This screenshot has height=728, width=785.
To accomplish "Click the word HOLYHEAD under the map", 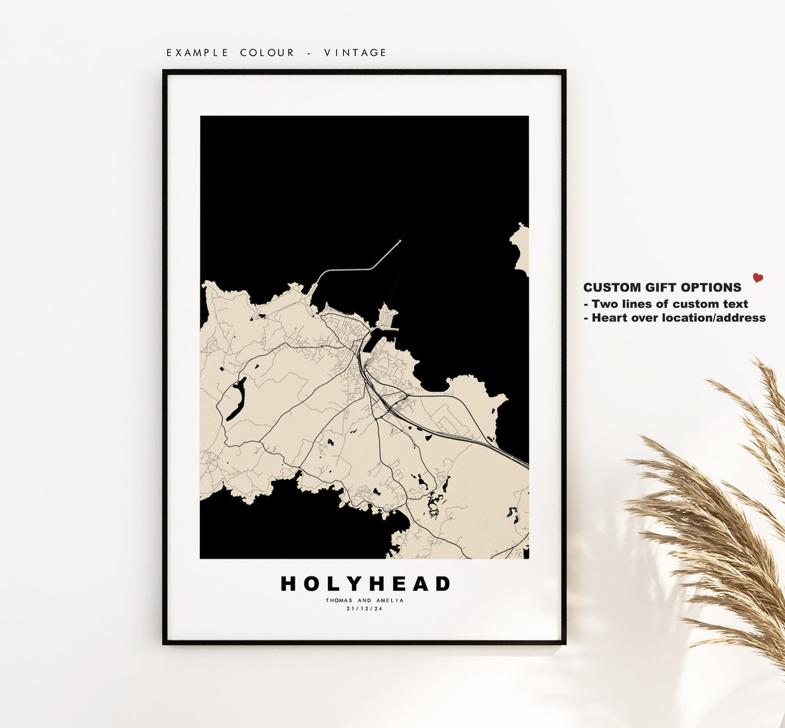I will coord(365,584).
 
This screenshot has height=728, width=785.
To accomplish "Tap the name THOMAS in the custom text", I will coord(339,600).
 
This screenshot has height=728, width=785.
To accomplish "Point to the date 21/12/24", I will coord(365,609).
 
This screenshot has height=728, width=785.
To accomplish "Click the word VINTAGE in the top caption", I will coord(355,53).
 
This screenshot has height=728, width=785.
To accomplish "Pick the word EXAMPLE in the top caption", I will coord(197,53).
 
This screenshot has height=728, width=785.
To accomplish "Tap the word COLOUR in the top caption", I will coord(267,53).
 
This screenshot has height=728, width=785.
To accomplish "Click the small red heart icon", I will coord(758,278).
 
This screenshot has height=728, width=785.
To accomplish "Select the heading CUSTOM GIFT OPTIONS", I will coord(662,288).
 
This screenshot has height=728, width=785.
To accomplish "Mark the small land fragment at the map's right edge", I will coord(521,249).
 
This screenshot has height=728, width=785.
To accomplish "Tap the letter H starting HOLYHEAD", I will coord(289,584).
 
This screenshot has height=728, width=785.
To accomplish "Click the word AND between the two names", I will coord(365,600).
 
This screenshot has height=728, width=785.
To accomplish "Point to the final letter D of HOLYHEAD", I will coord(442,584).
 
